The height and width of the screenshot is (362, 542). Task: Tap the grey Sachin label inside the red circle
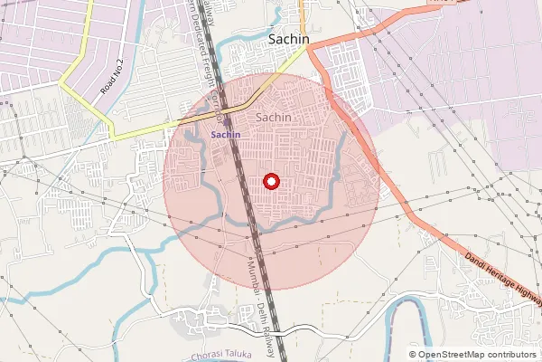pyautogui.click(x=274, y=118)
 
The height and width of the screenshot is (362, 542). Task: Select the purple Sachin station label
pyautogui.click(x=225, y=134)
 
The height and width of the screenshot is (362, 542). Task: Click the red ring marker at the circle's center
pyautogui.click(x=271, y=181)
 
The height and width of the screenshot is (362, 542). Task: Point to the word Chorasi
pyautogui.click(x=208, y=355)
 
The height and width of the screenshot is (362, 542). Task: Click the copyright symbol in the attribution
pyautogui.click(x=413, y=354)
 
